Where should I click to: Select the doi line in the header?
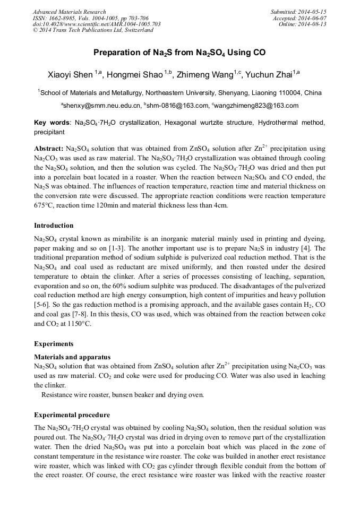tap(97, 24)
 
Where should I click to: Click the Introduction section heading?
tap(54, 226)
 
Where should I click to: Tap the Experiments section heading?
tap(54, 344)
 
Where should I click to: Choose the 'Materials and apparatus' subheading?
tap(72, 357)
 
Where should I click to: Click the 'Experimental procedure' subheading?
tap(72, 415)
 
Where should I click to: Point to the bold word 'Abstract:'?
tap(49, 148)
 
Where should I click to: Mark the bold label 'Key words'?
tap(52, 123)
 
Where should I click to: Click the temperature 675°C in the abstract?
tap(45, 205)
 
